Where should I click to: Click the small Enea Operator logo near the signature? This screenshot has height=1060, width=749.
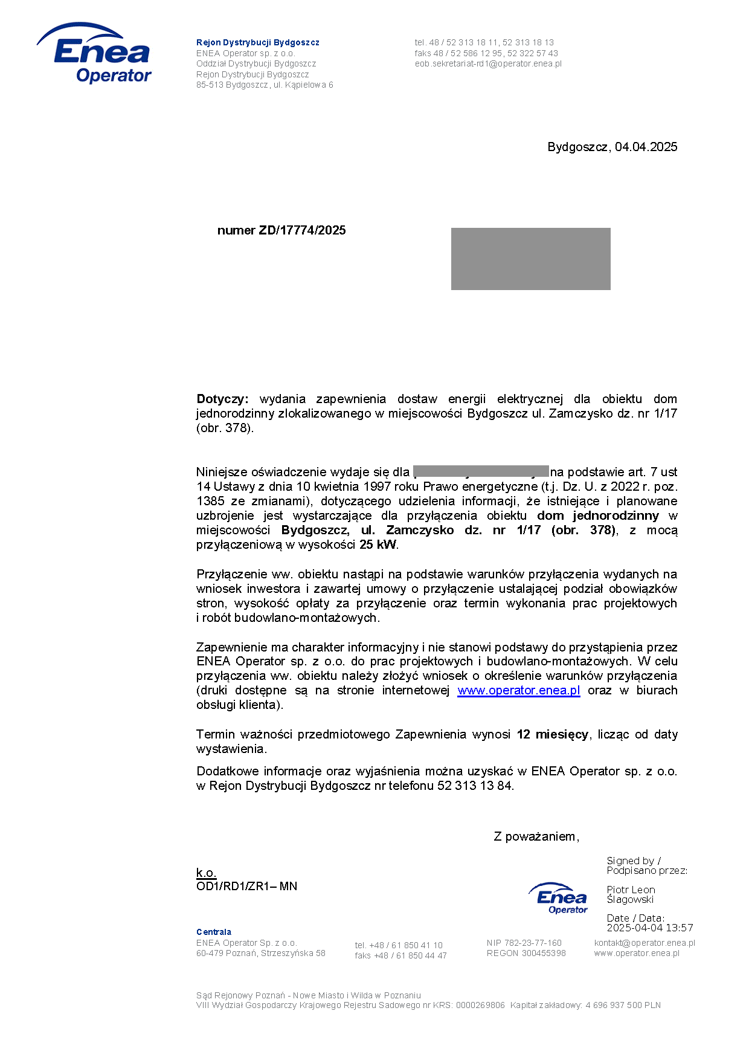[559, 898]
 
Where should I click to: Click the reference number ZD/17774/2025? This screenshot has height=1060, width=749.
[302, 230]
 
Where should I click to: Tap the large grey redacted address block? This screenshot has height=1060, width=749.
[530, 259]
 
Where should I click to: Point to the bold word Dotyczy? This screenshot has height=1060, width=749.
[222, 399]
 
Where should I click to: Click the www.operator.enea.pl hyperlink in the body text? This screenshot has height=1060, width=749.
[518, 690]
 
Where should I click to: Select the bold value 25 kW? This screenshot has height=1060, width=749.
[378, 545]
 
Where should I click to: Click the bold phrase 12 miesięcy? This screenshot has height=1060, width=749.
[552, 734]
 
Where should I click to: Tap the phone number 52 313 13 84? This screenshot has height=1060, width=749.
[475, 786]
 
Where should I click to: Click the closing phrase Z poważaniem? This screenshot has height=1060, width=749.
[536, 836]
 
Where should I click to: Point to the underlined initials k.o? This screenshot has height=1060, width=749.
[206, 873]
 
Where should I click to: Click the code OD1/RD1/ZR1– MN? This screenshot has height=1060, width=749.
[246, 887]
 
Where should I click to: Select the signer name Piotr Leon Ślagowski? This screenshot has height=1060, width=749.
[631, 894]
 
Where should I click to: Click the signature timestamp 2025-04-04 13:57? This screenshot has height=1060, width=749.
[649, 928]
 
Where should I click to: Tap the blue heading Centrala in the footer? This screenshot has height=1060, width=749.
[213, 932]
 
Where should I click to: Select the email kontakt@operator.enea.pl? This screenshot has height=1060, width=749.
[644, 943]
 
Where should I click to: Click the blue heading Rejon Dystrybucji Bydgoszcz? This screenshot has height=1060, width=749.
[257, 42]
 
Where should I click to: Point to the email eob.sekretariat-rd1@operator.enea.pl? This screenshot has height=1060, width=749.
[487, 63]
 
